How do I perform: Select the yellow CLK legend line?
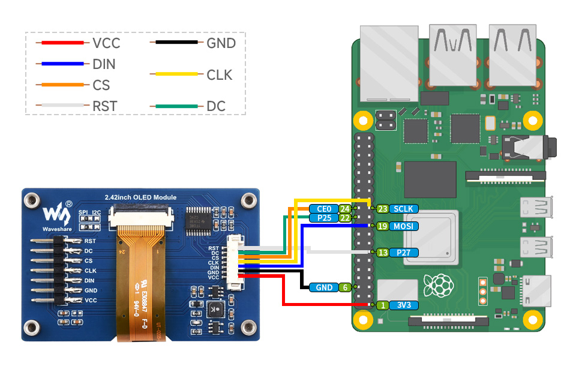pos(176,74)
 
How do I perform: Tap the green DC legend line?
pos(176,106)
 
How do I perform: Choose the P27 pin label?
pos(403,253)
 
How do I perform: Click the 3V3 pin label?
pos(403,305)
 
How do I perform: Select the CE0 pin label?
pos(323,209)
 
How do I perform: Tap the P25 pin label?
pos(323,218)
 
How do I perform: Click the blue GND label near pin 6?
pos(323,287)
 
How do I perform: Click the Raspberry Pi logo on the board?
pos(438,285)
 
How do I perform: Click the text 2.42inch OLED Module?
pos(140,197)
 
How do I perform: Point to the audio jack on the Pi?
pos(528,146)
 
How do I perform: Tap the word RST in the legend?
pos(105,106)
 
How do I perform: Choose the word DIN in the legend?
pos(104,64)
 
